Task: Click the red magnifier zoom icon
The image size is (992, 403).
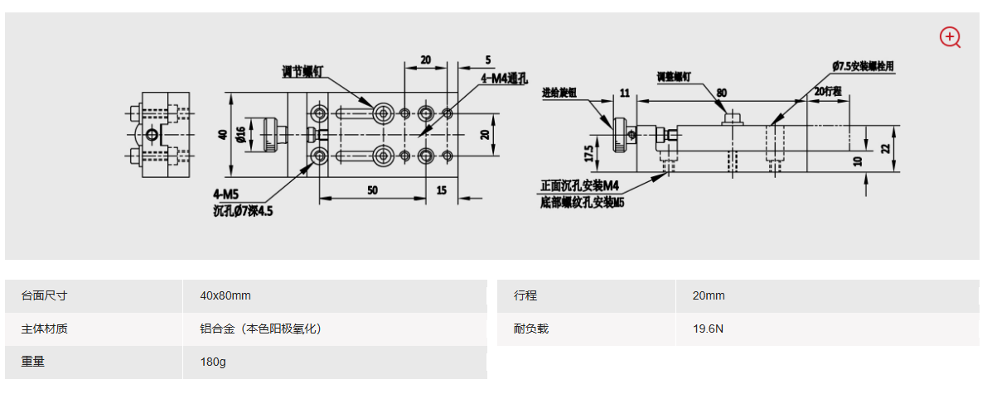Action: [949, 37]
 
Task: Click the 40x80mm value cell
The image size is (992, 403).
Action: [225, 295]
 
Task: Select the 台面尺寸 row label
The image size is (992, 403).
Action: [44, 295]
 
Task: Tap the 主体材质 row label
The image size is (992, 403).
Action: [44, 329]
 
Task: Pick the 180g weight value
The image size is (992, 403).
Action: [213, 362]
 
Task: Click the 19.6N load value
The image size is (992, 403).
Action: [709, 329]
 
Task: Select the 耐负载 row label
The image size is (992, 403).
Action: [531, 329]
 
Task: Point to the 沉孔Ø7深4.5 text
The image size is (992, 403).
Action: [243, 211]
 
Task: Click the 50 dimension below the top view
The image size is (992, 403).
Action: [372, 190]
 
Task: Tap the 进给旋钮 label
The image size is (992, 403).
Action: [559, 92]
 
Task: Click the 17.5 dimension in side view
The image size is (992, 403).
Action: [588, 154]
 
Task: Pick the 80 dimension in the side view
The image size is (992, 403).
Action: [722, 93]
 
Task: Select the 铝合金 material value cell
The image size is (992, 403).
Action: [260, 329]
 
